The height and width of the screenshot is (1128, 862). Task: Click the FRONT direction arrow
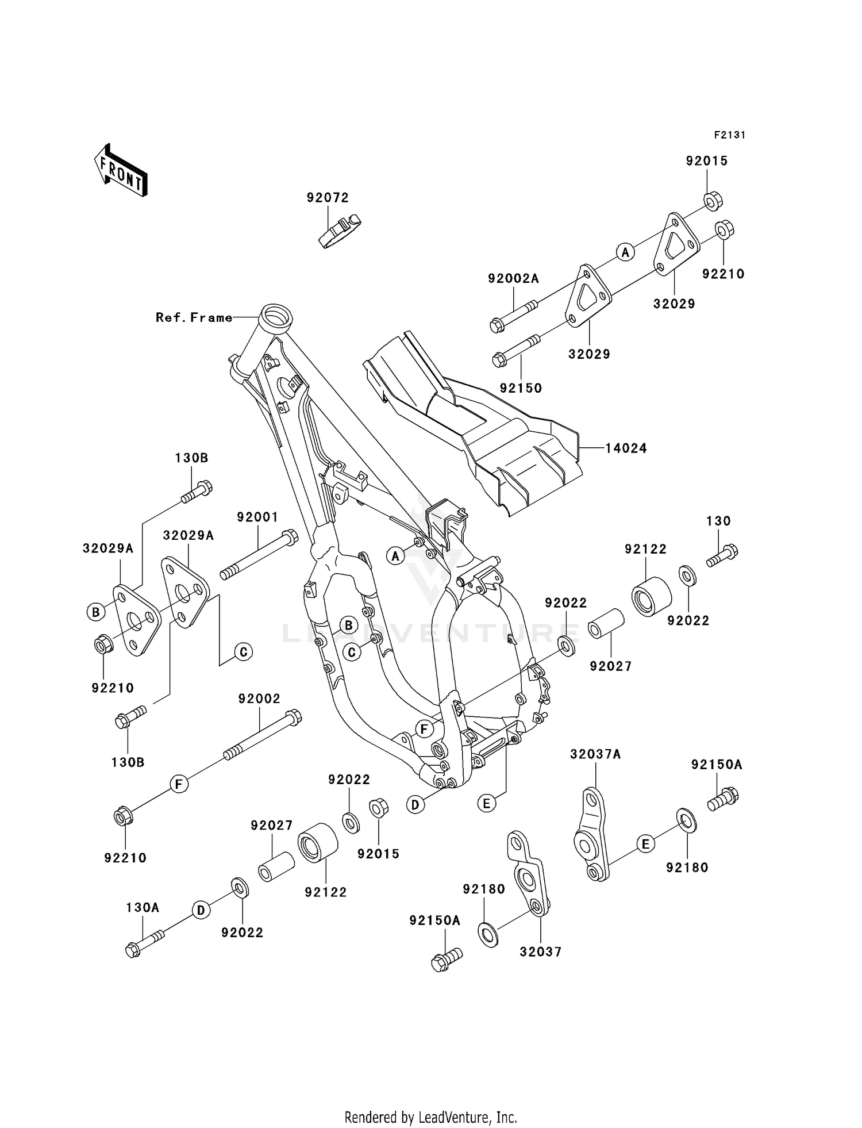point(121,171)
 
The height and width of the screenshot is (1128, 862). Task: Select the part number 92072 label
point(328,198)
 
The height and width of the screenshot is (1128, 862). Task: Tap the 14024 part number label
point(626,448)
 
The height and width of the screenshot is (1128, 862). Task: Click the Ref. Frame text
point(194,317)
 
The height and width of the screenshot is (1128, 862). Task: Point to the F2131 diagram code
point(729,135)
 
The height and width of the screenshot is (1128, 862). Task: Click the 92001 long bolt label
point(257,517)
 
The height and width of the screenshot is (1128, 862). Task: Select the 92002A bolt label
point(513,279)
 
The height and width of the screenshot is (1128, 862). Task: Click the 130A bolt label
point(143,907)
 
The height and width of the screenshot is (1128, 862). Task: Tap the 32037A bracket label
point(595,754)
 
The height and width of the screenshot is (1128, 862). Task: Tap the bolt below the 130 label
point(722,555)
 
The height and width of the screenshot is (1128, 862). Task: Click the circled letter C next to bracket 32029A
point(243,652)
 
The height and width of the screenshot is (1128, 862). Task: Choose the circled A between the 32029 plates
point(625,251)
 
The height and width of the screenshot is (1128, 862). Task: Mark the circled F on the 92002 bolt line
point(179,784)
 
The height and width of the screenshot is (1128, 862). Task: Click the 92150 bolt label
point(521,388)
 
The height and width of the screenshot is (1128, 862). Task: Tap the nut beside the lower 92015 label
point(379,808)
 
